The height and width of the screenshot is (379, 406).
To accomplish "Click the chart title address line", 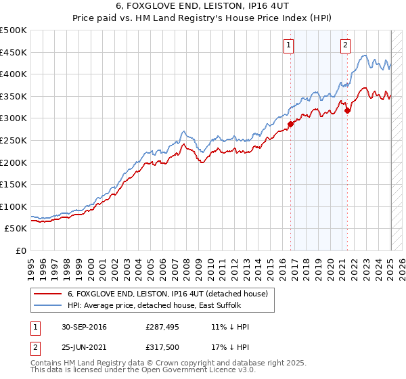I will click(x=203, y=7).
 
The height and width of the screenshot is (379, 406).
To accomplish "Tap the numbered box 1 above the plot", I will click(x=288, y=45).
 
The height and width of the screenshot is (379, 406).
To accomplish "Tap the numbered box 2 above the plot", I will click(x=345, y=45).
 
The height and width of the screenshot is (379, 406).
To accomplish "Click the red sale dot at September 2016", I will click(x=291, y=124).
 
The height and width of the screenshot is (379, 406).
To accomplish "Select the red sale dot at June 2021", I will click(x=347, y=111).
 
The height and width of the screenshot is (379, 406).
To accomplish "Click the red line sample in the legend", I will click(x=47, y=294).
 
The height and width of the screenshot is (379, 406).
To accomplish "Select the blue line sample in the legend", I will click(x=47, y=305).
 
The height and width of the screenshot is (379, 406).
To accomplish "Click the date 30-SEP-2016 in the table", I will click(x=84, y=327).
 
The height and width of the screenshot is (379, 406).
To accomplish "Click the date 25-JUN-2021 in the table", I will click(x=84, y=347).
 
